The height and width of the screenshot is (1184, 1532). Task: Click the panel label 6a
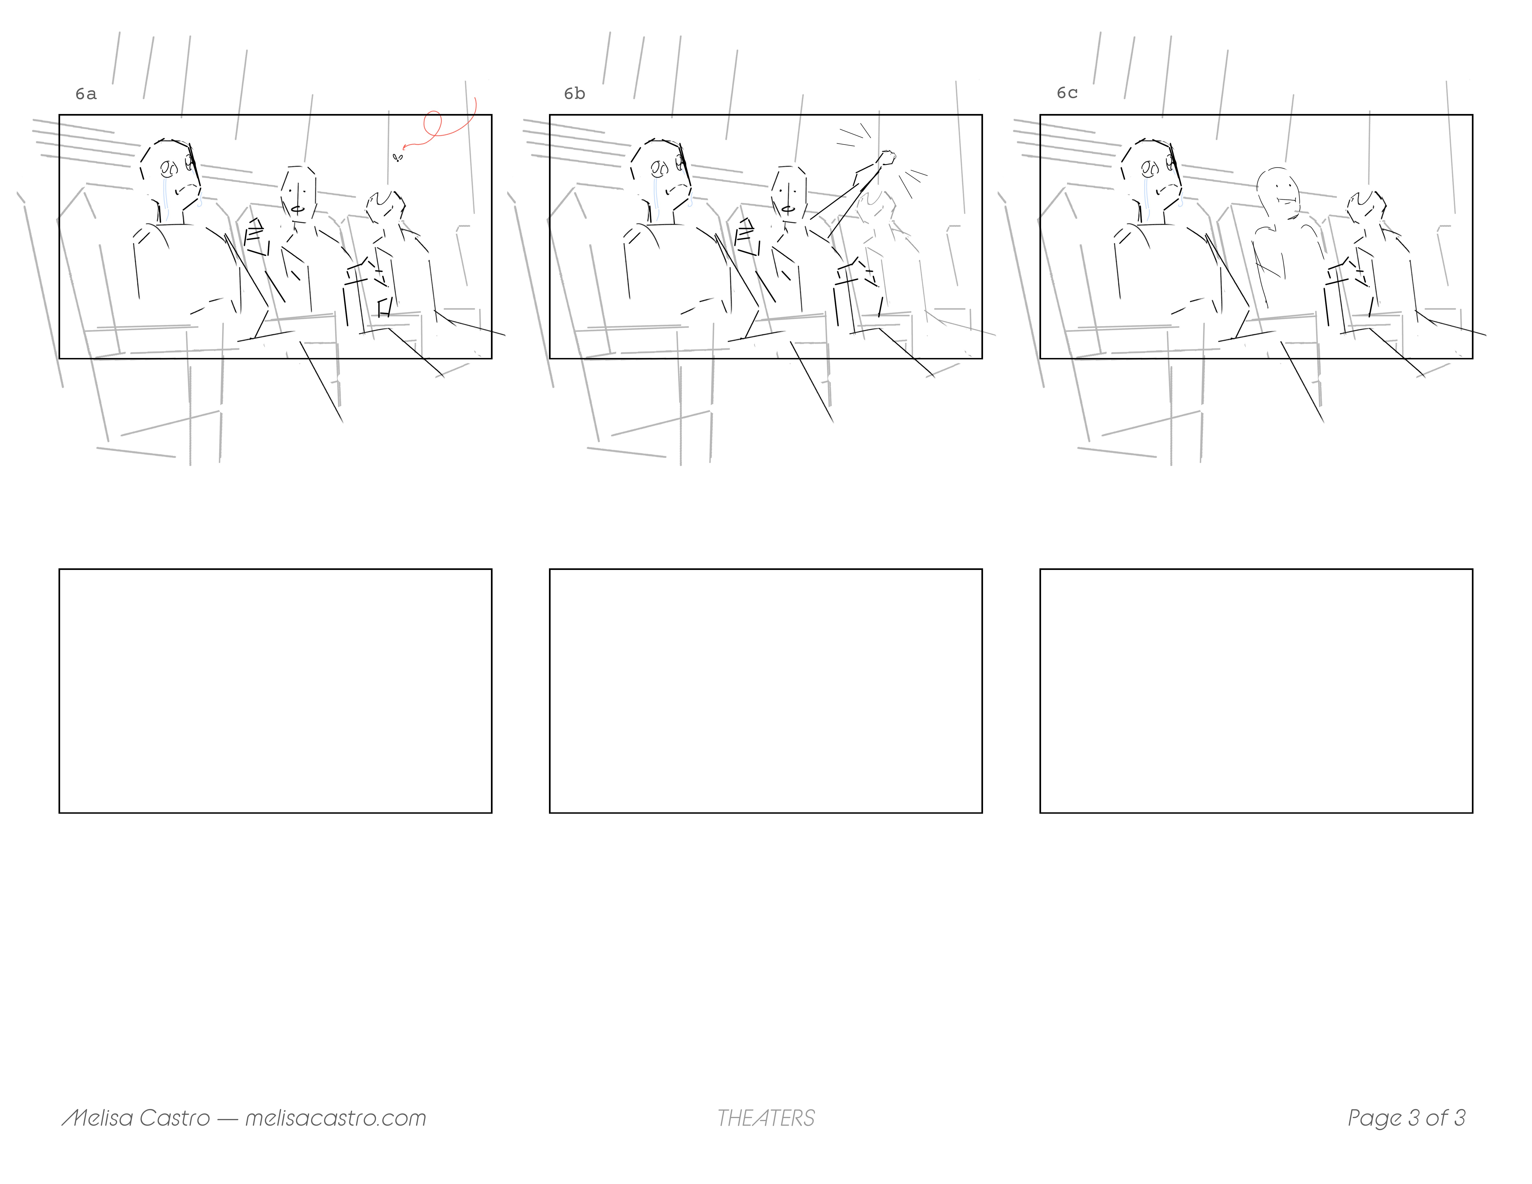click(x=86, y=94)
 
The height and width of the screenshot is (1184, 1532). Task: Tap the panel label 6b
click(x=574, y=94)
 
